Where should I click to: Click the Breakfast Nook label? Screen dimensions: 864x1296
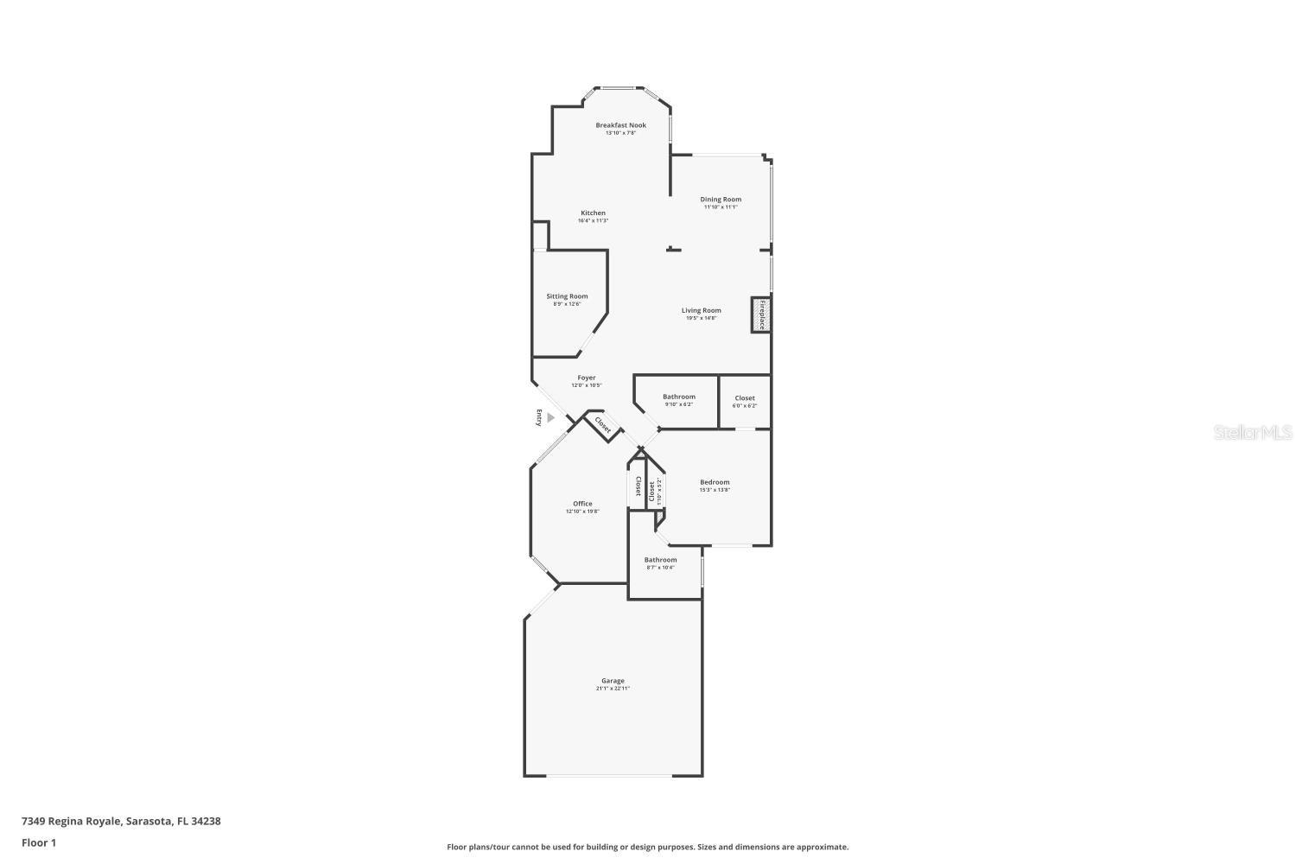(620, 125)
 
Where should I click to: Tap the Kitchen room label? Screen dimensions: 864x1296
(593, 213)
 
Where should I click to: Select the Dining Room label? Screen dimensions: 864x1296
(721, 200)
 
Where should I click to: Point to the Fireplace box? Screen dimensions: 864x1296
(761, 315)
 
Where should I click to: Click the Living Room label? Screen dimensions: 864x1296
(701, 310)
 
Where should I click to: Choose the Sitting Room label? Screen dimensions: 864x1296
(567, 296)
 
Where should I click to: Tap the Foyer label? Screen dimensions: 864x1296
(587, 378)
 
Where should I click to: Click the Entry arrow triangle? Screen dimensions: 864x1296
(550, 417)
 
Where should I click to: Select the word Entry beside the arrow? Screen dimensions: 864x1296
(539, 417)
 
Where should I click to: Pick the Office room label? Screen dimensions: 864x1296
(582, 504)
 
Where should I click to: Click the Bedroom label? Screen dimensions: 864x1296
(715, 482)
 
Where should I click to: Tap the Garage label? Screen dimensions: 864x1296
(613, 681)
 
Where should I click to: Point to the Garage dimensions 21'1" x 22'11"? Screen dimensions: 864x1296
(613, 689)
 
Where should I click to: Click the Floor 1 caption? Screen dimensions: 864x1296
(39, 842)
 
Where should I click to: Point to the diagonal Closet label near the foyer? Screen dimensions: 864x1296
(603, 426)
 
